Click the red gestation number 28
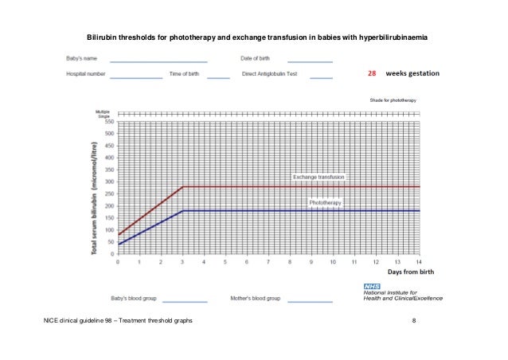click(x=371, y=73)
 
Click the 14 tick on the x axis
click(x=419, y=260)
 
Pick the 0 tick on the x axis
click(x=118, y=260)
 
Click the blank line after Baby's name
click(x=159, y=61)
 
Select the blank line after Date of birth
click(x=310, y=61)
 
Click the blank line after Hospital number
click(x=135, y=77)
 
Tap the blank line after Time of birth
click(x=217, y=77)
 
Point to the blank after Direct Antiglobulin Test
click(x=321, y=77)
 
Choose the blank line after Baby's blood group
click(x=185, y=301)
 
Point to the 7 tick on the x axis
click(x=268, y=260)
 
